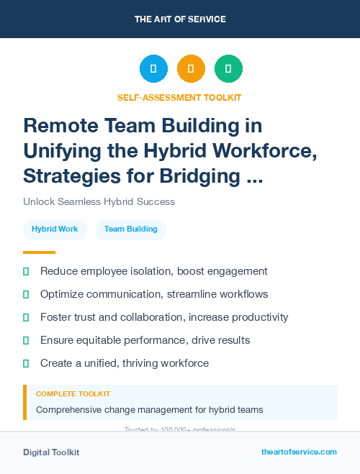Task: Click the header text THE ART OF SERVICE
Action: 180,19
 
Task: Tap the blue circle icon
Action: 153,69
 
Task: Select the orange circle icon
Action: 191,69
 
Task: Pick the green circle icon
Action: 228,69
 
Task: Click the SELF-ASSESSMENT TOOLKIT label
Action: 179,97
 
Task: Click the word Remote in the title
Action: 60,126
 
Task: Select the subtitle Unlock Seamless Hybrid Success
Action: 99,201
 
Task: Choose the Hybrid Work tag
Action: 55,229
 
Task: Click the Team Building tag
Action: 131,229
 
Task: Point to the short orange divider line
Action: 39,252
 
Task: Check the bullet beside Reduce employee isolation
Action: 27,271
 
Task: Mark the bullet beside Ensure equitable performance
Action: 27,340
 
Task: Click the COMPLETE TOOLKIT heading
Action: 73,394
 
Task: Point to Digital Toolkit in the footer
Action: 51,452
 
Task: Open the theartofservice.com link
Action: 299,452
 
